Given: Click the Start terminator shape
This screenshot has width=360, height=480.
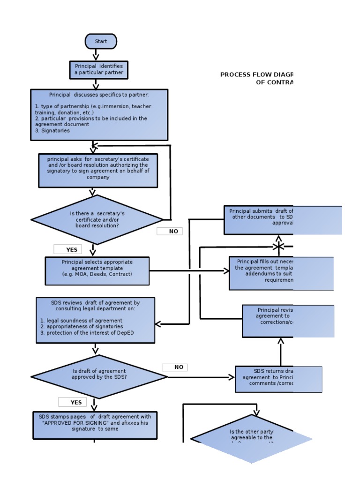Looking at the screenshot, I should (x=101, y=41).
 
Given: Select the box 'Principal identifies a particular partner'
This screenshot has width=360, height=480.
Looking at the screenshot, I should (x=98, y=69).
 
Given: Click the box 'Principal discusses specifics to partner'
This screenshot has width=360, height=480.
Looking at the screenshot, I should (x=99, y=115).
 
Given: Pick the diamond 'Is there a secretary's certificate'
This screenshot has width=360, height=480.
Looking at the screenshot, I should (x=97, y=219).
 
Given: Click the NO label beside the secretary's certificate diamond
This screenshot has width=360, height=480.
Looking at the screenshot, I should (x=169, y=231).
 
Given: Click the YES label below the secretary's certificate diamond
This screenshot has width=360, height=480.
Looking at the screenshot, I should (x=67, y=249).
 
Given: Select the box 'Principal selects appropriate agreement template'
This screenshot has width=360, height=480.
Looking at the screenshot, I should (x=97, y=271).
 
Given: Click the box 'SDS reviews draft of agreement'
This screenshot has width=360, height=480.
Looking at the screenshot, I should (x=95, y=320).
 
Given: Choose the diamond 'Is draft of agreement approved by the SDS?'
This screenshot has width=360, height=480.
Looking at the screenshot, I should (x=99, y=376).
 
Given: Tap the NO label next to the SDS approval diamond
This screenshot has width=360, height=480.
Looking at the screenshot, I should (x=175, y=367).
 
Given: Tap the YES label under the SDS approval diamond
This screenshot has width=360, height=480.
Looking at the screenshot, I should (x=72, y=402).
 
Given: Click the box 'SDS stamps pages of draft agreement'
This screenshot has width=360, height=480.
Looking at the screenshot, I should (x=95, y=425).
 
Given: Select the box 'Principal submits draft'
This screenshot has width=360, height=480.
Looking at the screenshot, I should (x=283, y=220).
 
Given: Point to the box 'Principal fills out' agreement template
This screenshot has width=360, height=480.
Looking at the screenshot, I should (x=281, y=273).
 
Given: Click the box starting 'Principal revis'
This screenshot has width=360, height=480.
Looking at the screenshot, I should (x=288, y=321).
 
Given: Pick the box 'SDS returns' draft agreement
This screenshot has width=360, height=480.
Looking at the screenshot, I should (x=278, y=379).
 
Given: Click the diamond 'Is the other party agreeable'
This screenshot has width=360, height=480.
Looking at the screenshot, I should (x=252, y=439).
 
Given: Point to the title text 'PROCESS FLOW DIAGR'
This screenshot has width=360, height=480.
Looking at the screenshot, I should (x=256, y=75).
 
